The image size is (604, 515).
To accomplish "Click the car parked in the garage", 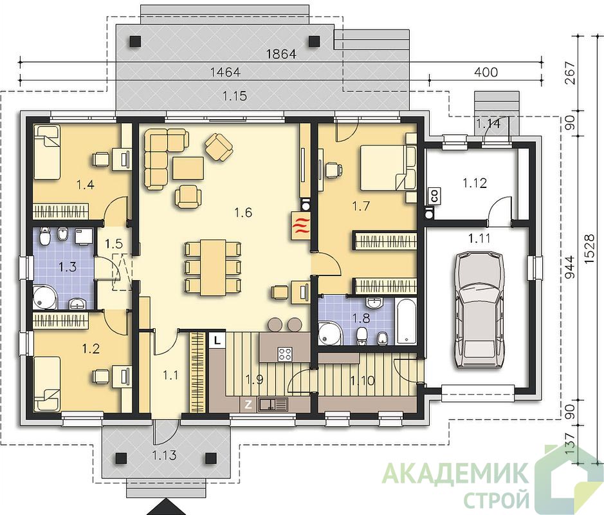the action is click(480, 310).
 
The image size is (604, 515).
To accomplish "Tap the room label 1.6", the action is click(243, 212).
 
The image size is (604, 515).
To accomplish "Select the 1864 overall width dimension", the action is click(282, 54).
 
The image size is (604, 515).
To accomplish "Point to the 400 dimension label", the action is click(486, 71).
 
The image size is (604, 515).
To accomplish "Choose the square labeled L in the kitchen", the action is click(217, 341).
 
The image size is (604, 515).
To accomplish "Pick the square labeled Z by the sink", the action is click(248, 405).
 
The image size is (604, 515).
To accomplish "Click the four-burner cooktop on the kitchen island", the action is click(286, 354).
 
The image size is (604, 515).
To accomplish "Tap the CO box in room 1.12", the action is click(435, 196).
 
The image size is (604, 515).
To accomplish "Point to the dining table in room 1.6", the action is click(213, 267).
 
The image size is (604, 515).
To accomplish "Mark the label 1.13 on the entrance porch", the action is click(164, 455).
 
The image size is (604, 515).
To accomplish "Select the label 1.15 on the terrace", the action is click(235, 95).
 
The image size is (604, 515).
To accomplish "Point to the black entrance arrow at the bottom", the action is click(167, 507).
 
